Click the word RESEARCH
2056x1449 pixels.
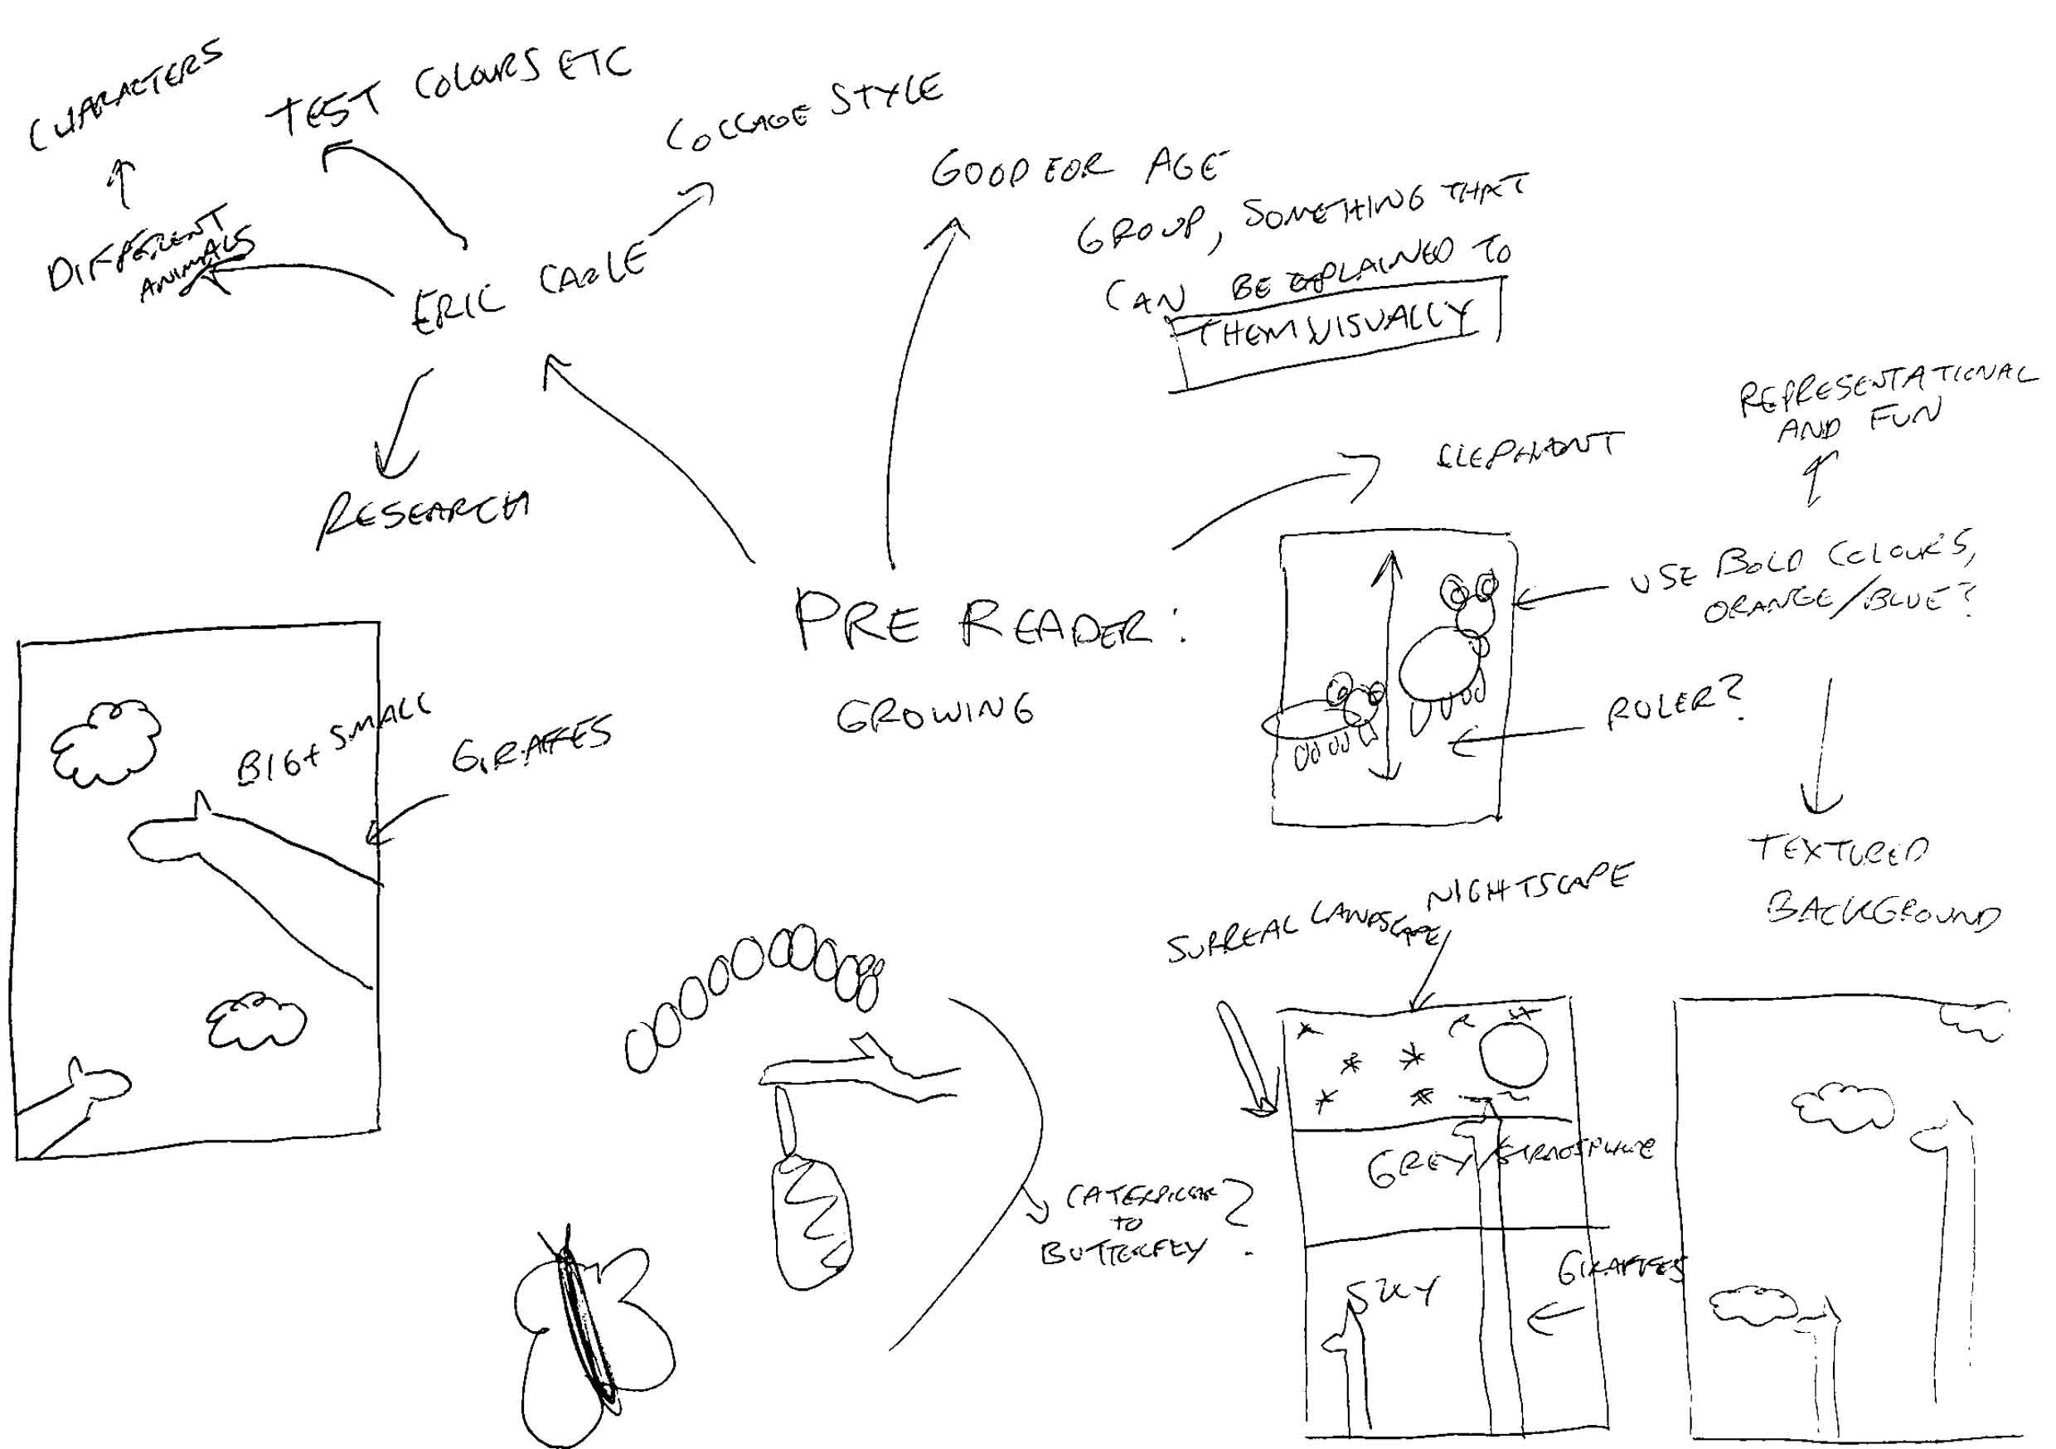click(423, 517)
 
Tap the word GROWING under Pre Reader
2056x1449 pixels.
click(935, 713)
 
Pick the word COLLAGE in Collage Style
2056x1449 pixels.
click(739, 127)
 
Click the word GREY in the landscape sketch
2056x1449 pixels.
click(1417, 1168)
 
